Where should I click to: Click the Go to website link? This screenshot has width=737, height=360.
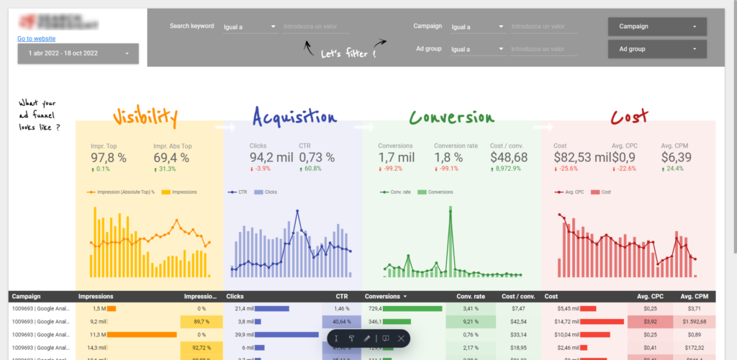tap(37, 39)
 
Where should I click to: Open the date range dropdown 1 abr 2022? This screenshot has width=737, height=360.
tap(78, 53)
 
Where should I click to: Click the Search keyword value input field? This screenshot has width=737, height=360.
tap(316, 27)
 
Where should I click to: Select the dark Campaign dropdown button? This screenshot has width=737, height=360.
tap(657, 27)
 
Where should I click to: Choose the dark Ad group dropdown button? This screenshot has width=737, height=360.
tap(657, 50)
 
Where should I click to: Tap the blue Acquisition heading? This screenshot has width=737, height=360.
tap(294, 117)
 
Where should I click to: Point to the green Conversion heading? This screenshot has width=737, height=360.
tap(452, 117)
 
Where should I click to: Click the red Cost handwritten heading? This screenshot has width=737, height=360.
tap(629, 116)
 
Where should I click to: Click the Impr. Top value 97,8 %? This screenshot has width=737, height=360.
tap(109, 158)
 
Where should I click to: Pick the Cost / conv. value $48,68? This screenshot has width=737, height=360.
tap(509, 158)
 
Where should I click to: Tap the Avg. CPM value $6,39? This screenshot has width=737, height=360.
tap(677, 158)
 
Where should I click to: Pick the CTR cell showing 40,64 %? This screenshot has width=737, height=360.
tap(341, 322)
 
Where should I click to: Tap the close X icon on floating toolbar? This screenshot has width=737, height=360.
tap(401, 338)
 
